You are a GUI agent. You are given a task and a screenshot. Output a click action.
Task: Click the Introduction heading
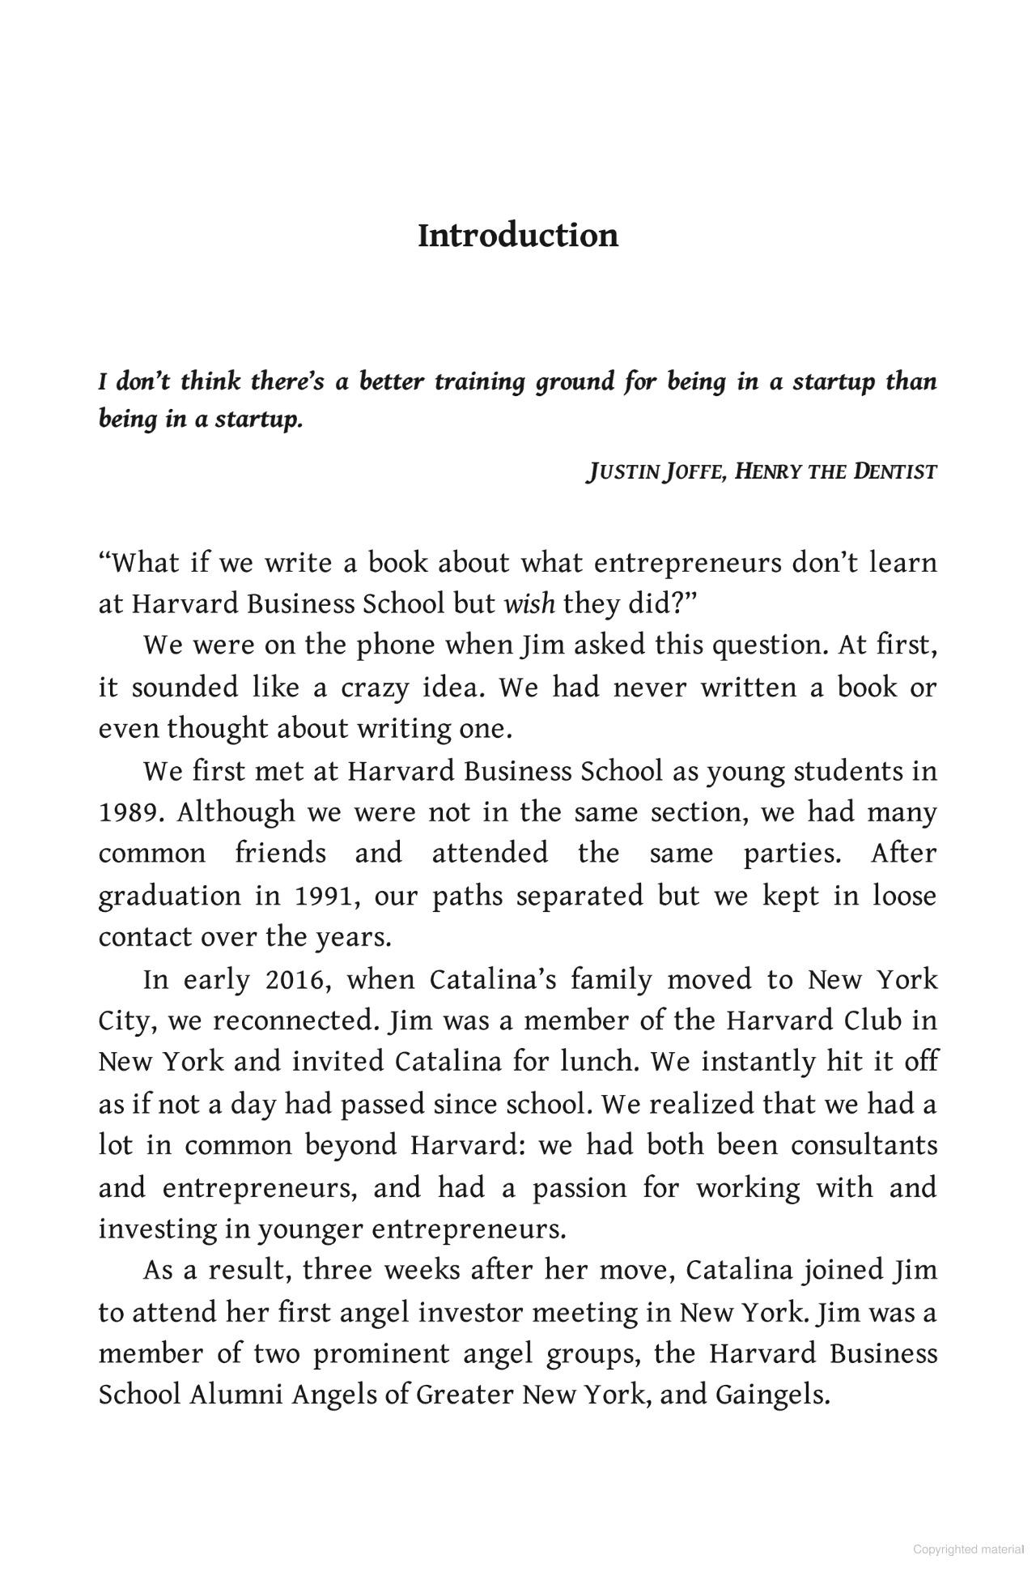pos(518,236)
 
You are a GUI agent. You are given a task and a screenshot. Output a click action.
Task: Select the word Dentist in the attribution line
pos(895,471)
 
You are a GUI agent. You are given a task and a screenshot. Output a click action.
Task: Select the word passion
pos(580,1187)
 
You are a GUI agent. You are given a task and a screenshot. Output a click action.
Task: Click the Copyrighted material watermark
pos(968,1549)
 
